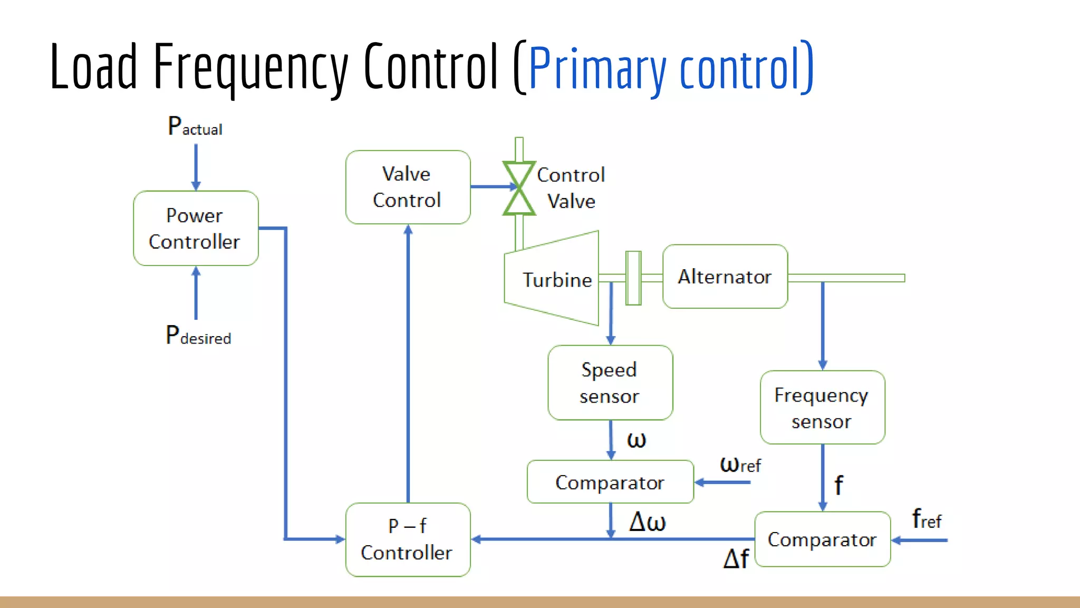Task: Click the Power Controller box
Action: click(196, 228)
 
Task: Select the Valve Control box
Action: click(408, 187)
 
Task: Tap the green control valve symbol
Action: click(519, 188)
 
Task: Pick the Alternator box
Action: click(725, 276)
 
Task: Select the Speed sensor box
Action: click(610, 383)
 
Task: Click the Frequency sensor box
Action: click(822, 407)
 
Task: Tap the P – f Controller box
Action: click(408, 539)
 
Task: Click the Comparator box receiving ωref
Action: click(610, 482)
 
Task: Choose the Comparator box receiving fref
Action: click(822, 539)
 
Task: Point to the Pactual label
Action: click(195, 127)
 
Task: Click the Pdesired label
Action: click(198, 336)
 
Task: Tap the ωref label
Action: click(740, 464)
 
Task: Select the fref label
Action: click(926, 519)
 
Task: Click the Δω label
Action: click(647, 521)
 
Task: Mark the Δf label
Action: click(736, 558)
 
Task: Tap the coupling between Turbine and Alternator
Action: click(633, 278)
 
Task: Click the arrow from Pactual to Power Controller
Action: click(196, 166)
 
